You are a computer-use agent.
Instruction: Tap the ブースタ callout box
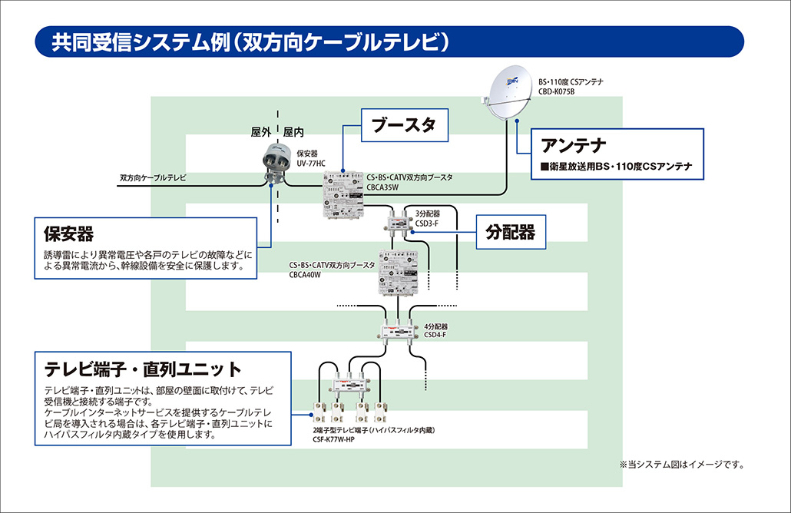[403, 126]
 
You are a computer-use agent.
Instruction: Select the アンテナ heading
[574, 145]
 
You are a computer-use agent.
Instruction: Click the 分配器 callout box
[511, 231]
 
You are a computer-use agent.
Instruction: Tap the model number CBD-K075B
[557, 91]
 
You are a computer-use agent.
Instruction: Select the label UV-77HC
[311, 164]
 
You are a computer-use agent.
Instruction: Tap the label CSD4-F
[435, 335]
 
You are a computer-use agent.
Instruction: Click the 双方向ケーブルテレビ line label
[154, 177]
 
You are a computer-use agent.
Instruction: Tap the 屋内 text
[294, 132]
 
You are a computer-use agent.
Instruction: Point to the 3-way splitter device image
[399, 220]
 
